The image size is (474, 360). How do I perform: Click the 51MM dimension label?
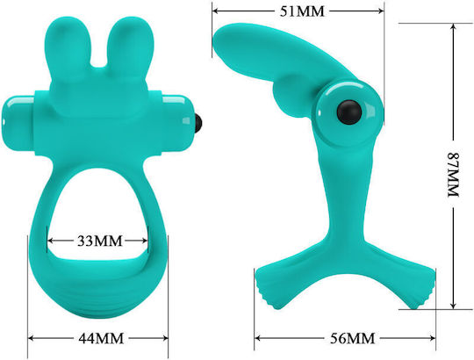[x=301, y=11]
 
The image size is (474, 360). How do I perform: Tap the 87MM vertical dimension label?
[x=454, y=175]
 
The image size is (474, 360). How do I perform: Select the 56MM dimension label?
[x=352, y=338]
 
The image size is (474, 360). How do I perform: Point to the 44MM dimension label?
[x=101, y=338]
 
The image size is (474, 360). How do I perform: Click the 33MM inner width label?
[x=100, y=241]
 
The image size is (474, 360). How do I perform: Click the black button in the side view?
[x=349, y=112]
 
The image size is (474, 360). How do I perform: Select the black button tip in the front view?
[x=198, y=124]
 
